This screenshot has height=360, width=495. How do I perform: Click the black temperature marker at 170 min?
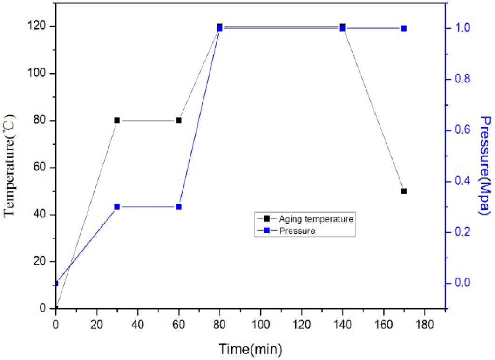[404, 191]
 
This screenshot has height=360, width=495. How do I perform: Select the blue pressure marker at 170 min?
[404, 28]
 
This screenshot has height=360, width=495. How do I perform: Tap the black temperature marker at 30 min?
[117, 120]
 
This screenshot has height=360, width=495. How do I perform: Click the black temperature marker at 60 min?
[179, 120]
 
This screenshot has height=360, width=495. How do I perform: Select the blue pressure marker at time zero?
[56, 283]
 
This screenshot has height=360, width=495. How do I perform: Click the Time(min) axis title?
[251, 348]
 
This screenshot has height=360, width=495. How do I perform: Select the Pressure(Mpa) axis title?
[486, 165]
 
